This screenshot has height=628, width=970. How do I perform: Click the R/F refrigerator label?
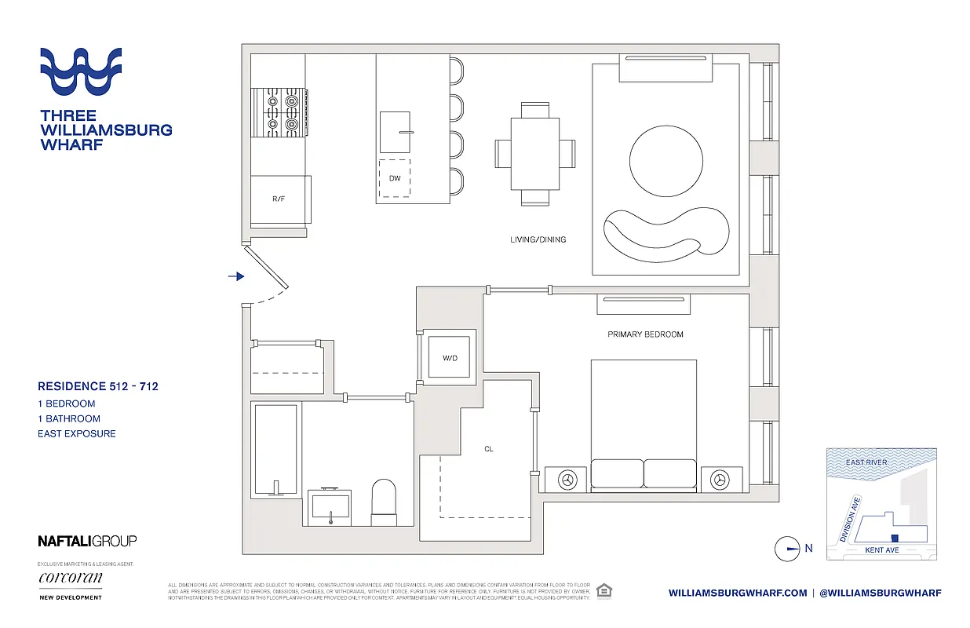(x=279, y=199)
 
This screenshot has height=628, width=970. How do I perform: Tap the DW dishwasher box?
(x=395, y=178)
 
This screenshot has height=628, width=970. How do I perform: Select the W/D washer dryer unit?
(x=450, y=359)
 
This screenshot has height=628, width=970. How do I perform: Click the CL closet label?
(x=488, y=450)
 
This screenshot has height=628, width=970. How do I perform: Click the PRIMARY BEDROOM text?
(x=645, y=334)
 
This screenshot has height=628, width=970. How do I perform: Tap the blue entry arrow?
(x=236, y=276)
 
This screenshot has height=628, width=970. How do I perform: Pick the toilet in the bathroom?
(x=385, y=503)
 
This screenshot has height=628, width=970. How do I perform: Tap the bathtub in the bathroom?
(x=275, y=450)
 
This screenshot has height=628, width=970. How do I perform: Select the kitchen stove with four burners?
(x=279, y=112)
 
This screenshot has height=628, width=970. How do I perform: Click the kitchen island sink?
(x=395, y=132)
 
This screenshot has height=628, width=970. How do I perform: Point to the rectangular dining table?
(x=535, y=153)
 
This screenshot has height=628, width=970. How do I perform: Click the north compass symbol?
(x=786, y=549)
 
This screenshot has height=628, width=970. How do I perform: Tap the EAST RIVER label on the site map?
(x=866, y=462)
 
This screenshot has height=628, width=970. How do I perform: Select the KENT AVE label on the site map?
(x=881, y=550)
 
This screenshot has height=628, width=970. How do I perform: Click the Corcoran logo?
(x=70, y=579)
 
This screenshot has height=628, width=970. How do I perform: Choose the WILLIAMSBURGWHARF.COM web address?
(x=737, y=593)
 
